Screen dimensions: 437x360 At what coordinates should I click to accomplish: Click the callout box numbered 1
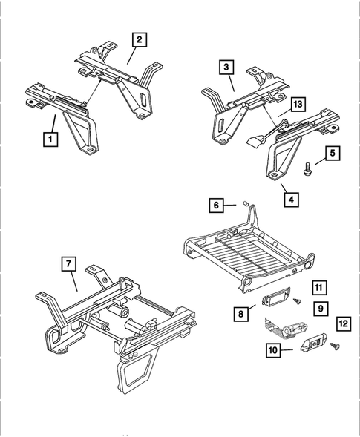click(50, 138)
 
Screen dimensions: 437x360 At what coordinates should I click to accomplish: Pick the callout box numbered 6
click(215, 204)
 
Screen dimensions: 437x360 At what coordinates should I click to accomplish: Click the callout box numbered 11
click(318, 287)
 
